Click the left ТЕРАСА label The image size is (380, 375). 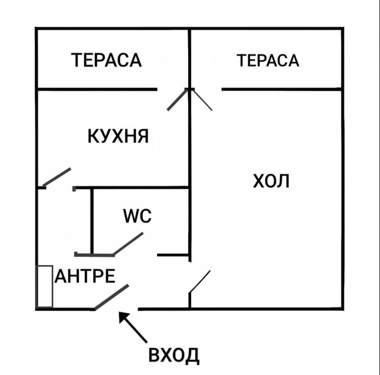coord(107,60)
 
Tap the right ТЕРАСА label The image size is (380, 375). coord(268,60)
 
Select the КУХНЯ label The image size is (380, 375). coord(118,136)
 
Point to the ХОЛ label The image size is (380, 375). coord(271,181)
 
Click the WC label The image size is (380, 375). coord(137,216)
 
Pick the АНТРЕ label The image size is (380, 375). coord(85,276)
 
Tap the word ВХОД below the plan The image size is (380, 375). coord(173,355)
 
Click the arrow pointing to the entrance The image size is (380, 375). coord(132,326)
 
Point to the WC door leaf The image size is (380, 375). coord(128,244)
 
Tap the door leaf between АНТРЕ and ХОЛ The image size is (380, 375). coord(200,282)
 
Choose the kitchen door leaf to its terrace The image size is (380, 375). coord(177,99)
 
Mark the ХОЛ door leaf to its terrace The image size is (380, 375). coord(202,99)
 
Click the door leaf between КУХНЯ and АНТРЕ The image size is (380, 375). coord(56,177)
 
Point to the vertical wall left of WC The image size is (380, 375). coord(92,221)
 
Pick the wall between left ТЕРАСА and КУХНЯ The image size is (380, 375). coord(97,89)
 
